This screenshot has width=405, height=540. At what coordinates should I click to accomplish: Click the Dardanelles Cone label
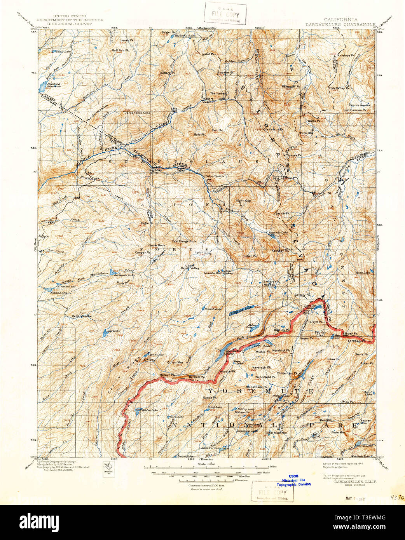tap(137, 113)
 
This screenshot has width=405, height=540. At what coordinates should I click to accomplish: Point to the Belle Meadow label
tap(82, 316)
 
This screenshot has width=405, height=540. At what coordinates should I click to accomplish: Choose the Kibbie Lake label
tap(148, 410)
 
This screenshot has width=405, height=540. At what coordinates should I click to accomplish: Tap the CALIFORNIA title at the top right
tap(341, 19)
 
